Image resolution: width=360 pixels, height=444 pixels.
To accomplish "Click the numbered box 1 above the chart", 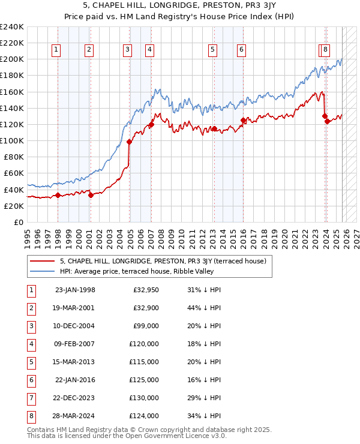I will coord(56,50).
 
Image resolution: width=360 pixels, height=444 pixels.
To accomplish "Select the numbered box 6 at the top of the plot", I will coord(241,50).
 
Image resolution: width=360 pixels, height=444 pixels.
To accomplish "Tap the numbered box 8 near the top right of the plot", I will coord(325,50).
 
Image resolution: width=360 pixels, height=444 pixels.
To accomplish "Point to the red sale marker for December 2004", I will coord(129,142).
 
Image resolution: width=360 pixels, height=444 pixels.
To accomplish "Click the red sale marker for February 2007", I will coord(151,125).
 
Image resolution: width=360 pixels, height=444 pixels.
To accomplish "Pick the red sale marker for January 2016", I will coord(243,121).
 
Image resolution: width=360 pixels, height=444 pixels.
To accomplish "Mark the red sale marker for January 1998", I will coord(58,195).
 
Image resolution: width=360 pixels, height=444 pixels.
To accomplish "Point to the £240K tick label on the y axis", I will coord(11,27).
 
